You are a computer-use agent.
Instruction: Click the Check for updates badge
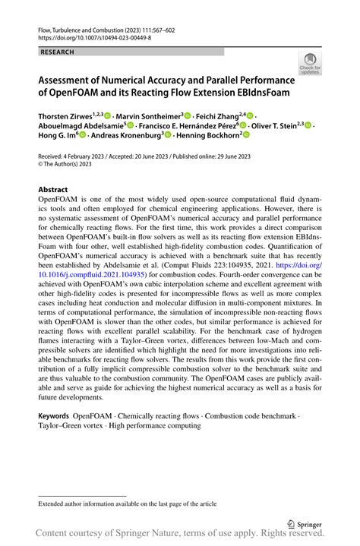click(309, 64)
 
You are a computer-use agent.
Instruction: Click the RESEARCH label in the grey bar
click(58, 52)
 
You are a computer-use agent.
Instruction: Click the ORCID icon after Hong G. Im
click(82, 135)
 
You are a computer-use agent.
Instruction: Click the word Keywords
click(54, 417)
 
